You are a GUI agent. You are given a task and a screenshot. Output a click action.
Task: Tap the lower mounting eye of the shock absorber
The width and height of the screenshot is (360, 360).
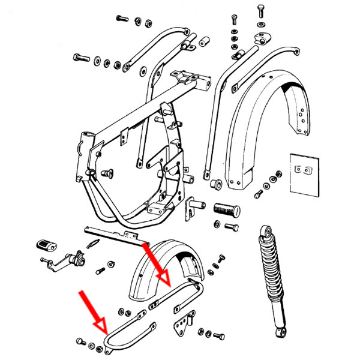point(280,331)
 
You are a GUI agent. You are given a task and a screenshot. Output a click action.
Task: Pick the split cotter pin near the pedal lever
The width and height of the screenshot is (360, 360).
point(93,244)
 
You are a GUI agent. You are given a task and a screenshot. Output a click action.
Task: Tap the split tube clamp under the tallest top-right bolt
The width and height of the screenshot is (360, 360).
point(260,40)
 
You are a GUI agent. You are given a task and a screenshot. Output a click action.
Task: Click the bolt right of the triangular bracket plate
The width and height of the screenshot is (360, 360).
point(218,334)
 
